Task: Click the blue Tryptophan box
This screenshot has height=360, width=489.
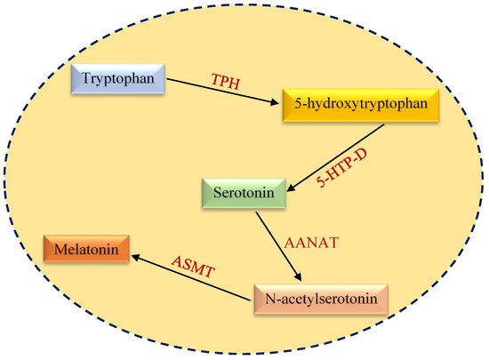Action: [118, 79]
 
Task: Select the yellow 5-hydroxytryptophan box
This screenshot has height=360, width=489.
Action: [361, 105]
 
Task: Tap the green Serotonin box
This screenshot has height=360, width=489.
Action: [244, 193]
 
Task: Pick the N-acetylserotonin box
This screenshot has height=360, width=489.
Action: [321, 300]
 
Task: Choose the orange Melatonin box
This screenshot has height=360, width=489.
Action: [86, 249]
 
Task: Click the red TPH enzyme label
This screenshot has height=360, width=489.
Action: [226, 82]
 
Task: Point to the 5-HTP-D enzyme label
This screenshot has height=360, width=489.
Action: [341, 168]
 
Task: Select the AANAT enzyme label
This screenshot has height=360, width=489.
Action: [311, 243]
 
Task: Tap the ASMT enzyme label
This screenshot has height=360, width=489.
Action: [193, 267]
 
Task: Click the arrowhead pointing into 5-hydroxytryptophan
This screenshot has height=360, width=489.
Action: [275, 102]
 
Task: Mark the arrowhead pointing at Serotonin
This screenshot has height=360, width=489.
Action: [291, 188]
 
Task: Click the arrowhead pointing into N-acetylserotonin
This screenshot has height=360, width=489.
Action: [299, 277]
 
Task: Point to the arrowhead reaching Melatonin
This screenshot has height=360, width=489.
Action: [135, 258]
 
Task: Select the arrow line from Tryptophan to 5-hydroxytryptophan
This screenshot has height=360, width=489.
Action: [222, 92]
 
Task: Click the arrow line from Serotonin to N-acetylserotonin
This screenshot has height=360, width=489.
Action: [279, 246]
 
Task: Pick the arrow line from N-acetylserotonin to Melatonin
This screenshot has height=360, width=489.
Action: [190, 277]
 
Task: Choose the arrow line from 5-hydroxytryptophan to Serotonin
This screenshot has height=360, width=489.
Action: [335, 157]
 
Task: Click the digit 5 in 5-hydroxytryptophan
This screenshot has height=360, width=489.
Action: [298, 104]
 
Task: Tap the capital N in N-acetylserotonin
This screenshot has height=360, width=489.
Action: [270, 299]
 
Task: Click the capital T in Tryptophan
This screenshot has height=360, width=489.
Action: [85, 77]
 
